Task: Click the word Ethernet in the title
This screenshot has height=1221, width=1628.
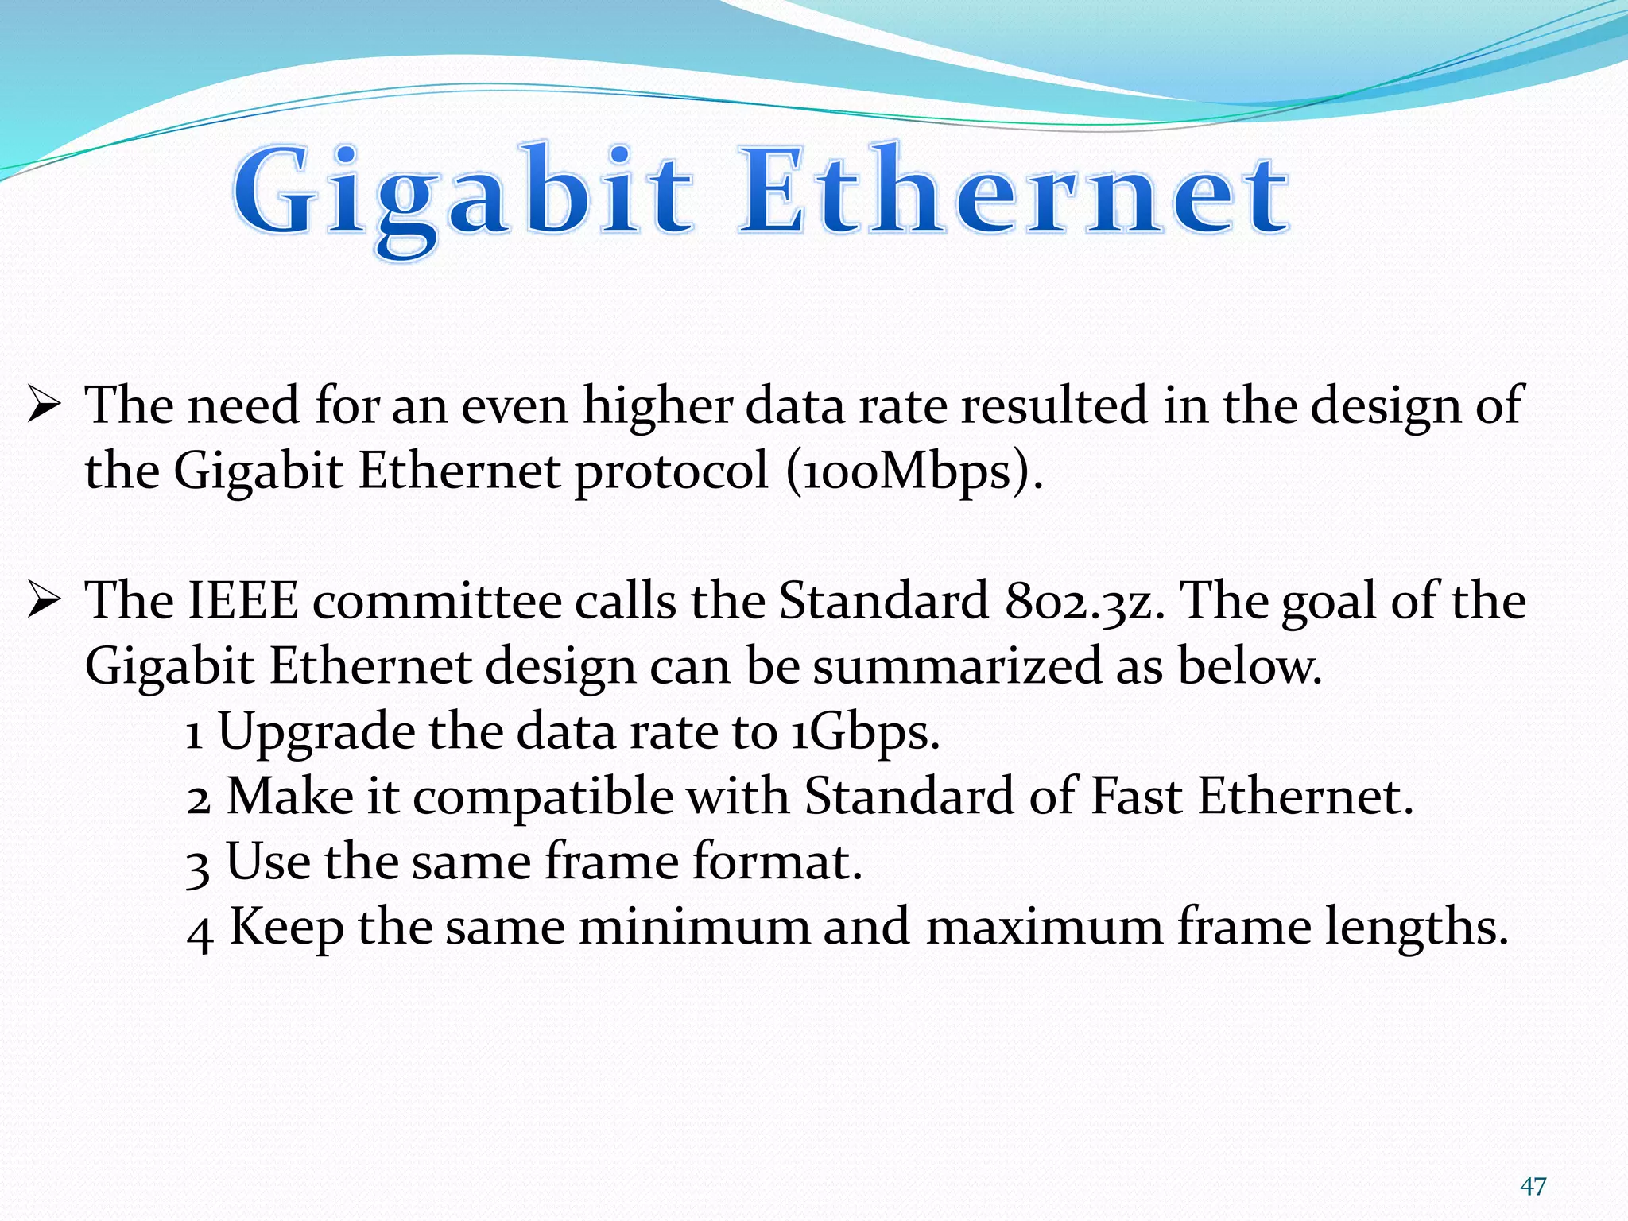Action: pos(1014,195)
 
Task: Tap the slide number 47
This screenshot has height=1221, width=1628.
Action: pos(1533,1187)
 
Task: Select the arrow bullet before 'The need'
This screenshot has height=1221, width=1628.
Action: pos(44,405)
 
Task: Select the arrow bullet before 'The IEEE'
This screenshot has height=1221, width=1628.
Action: pos(44,600)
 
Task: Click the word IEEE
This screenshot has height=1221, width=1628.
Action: pos(242,601)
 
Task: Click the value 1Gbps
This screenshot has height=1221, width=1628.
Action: pos(866,732)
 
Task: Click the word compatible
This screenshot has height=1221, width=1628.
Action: pos(542,797)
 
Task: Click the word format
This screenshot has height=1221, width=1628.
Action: pos(777,862)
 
